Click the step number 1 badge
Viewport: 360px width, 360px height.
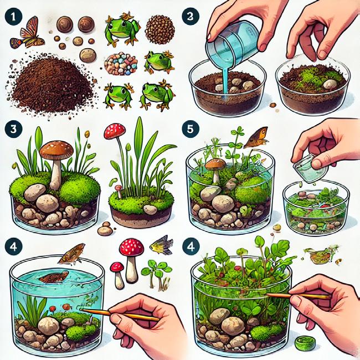13,17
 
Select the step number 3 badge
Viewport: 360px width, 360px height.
13,129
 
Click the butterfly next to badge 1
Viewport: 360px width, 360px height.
27,33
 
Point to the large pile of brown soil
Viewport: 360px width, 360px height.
52,85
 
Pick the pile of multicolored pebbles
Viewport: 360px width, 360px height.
121,64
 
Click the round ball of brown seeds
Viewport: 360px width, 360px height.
160,29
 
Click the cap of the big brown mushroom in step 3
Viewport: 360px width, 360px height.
56,149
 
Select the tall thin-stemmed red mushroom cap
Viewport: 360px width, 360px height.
115,131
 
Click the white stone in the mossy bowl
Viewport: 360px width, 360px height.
330,84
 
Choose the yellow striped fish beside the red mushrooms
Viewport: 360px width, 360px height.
161,245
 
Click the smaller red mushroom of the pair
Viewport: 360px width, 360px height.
117,275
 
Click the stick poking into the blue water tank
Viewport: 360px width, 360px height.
120,315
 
